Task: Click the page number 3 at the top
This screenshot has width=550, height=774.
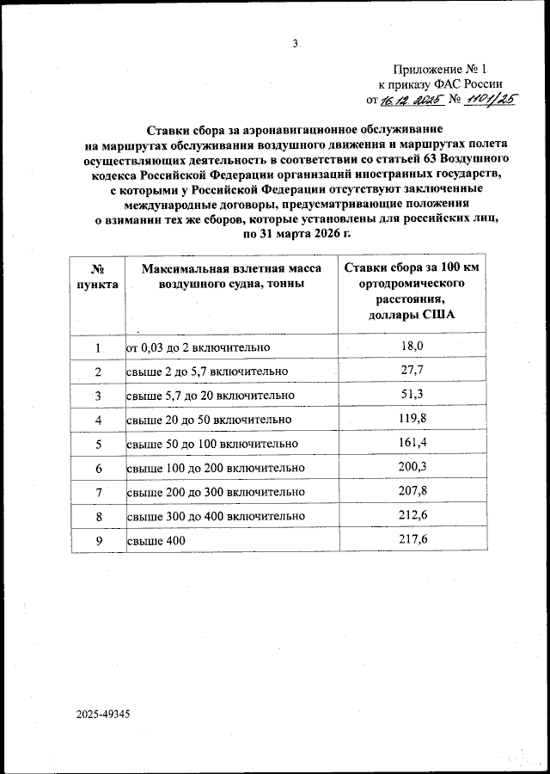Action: (x=296, y=44)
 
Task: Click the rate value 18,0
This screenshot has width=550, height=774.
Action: (x=414, y=347)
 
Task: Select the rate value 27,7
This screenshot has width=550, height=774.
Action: (x=414, y=371)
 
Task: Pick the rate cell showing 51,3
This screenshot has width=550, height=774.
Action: (x=414, y=395)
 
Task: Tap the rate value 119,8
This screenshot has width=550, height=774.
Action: (x=414, y=419)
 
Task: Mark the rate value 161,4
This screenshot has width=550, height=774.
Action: (x=414, y=443)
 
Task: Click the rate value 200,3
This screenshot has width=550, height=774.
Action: (x=414, y=467)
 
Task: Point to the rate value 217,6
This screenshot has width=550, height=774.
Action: (x=414, y=539)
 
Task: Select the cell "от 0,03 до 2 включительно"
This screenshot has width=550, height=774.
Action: (x=199, y=347)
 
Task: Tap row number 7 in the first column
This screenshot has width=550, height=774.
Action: (x=98, y=492)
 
